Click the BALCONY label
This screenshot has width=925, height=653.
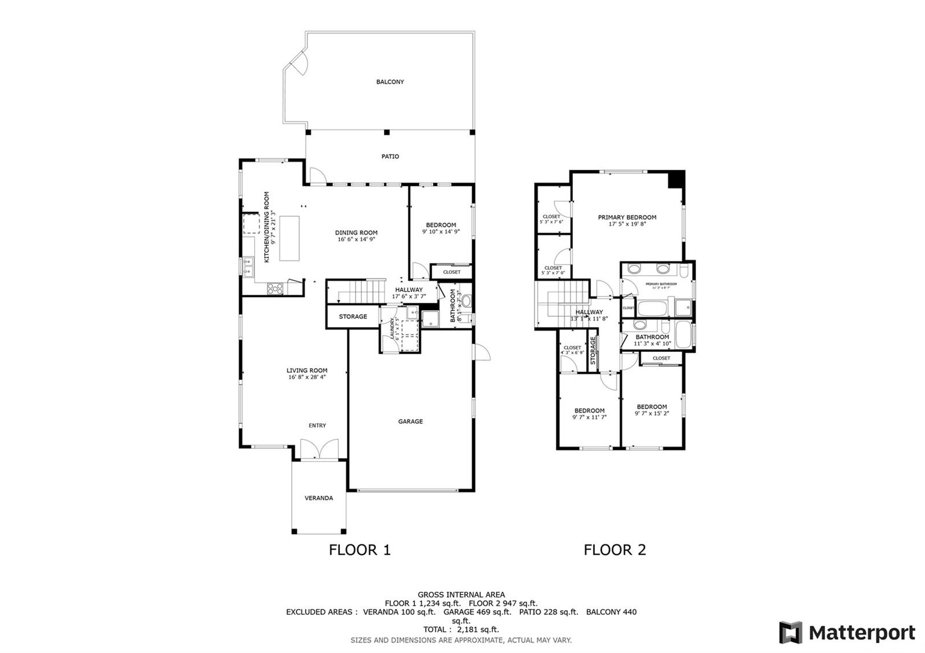(390, 82)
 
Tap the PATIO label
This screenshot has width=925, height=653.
(390, 157)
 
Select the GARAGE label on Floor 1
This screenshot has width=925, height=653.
(410, 422)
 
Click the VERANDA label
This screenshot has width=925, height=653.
(319, 498)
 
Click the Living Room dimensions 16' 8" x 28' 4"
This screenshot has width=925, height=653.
(308, 377)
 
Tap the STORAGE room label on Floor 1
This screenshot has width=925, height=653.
(353, 317)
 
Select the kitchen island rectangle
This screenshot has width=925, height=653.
(290, 238)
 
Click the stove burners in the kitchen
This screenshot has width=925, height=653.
(275, 288)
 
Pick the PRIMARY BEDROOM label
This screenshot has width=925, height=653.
(627, 217)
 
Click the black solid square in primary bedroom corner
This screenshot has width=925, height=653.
(676, 179)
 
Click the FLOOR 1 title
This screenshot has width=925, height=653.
(360, 550)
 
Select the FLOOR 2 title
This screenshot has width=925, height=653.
(615, 550)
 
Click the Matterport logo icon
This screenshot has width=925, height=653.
(790, 632)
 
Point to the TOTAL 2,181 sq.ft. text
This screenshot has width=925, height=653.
(461, 629)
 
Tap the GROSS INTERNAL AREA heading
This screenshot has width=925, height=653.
(461, 594)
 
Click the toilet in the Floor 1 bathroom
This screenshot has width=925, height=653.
(466, 301)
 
